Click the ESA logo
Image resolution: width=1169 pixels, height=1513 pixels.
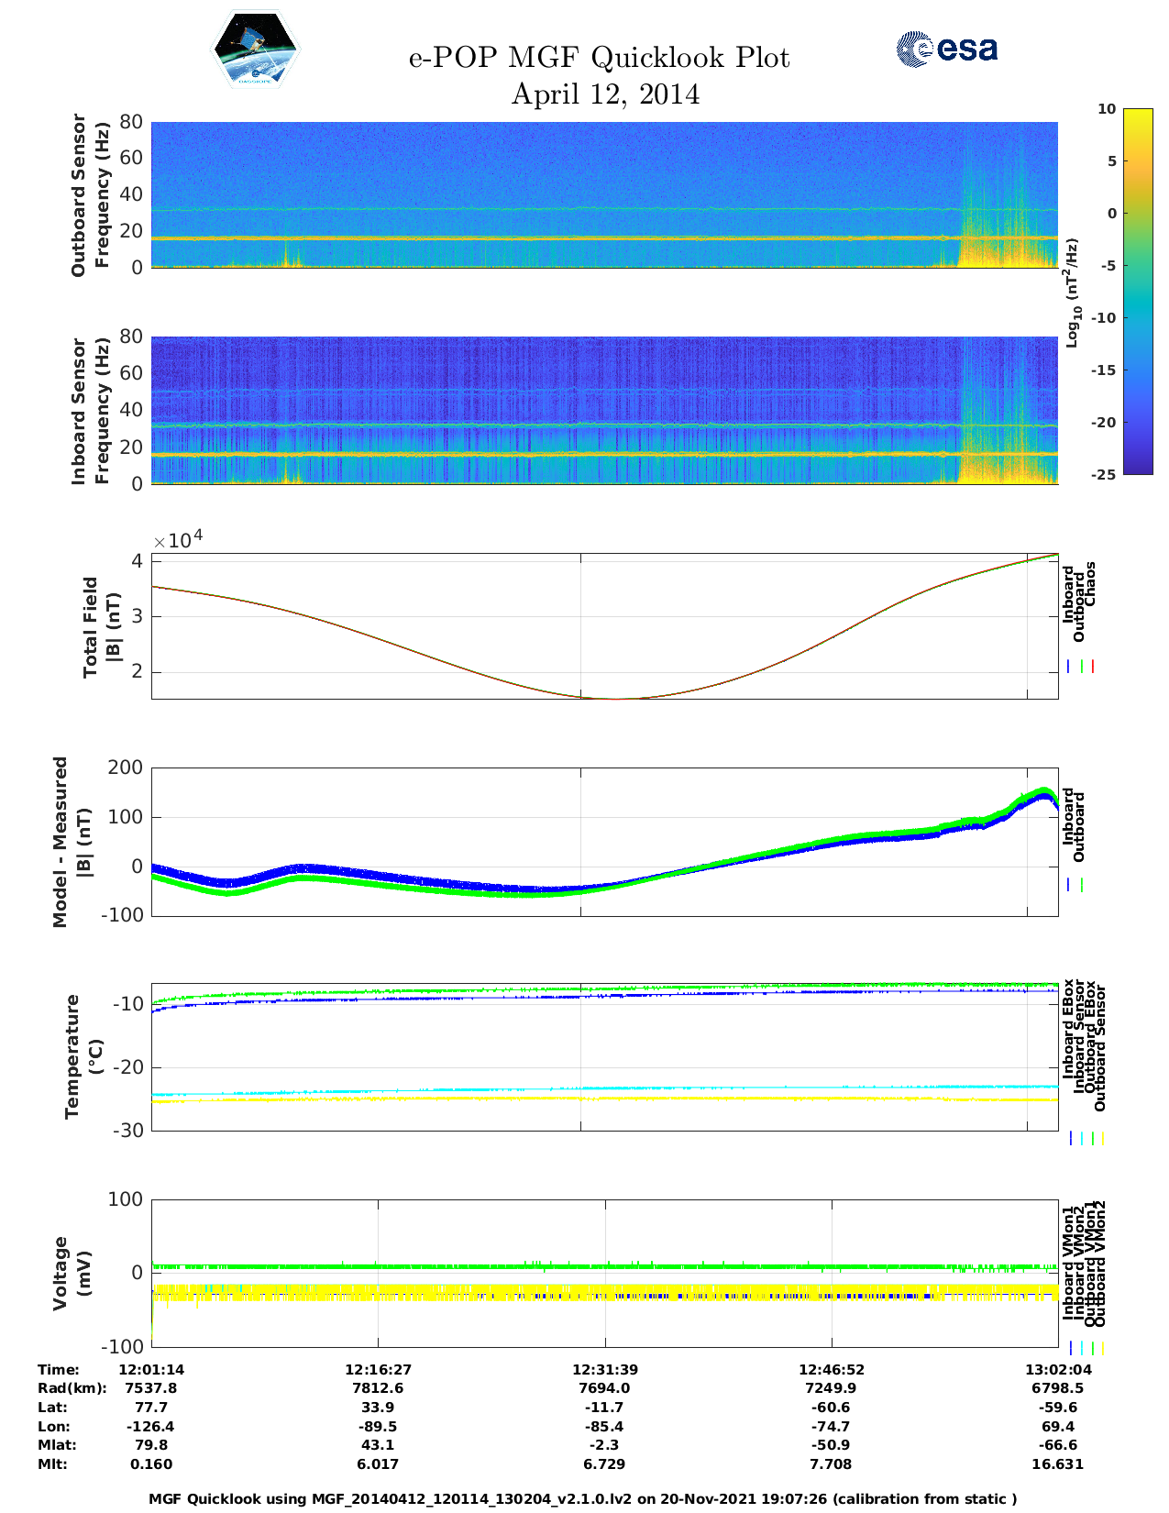pyautogui.click(x=947, y=49)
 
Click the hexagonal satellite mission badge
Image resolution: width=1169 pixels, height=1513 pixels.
pyautogui.click(x=256, y=50)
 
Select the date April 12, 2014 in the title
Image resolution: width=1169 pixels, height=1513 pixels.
pyautogui.click(x=605, y=94)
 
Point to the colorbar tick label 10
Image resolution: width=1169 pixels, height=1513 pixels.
pyautogui.click(x=1107, y=109)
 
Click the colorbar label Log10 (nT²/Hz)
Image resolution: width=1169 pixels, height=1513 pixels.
pyautogui.click(x=1072, y=293)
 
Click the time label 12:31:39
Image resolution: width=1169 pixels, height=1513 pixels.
pyautogui.click(x=605, y=1369)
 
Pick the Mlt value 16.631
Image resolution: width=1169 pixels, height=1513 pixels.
pyautogui.click(x=1057, y=1463)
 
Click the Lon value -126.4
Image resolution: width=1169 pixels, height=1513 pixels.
pyautogui.click(x=150, y=1426)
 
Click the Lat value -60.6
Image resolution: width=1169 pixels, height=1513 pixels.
pyautogui.click(x=832, y=1407)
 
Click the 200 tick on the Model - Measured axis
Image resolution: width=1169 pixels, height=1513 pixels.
pyautogui.click(x=126, y=768)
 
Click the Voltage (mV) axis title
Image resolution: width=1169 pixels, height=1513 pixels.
pyautogui.click(x=72, y=1273)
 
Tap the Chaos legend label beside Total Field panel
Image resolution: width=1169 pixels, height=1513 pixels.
pyautogui.click(x=1090, y=584)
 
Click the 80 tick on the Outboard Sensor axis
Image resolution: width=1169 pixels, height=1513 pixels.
pyautogui.click(x=131, y=122)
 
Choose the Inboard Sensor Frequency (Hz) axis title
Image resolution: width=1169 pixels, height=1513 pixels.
pyautogui.click(x=90, y=411)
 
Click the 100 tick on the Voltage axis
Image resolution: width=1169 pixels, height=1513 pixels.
pyautogui.click(x=126, y=1199)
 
